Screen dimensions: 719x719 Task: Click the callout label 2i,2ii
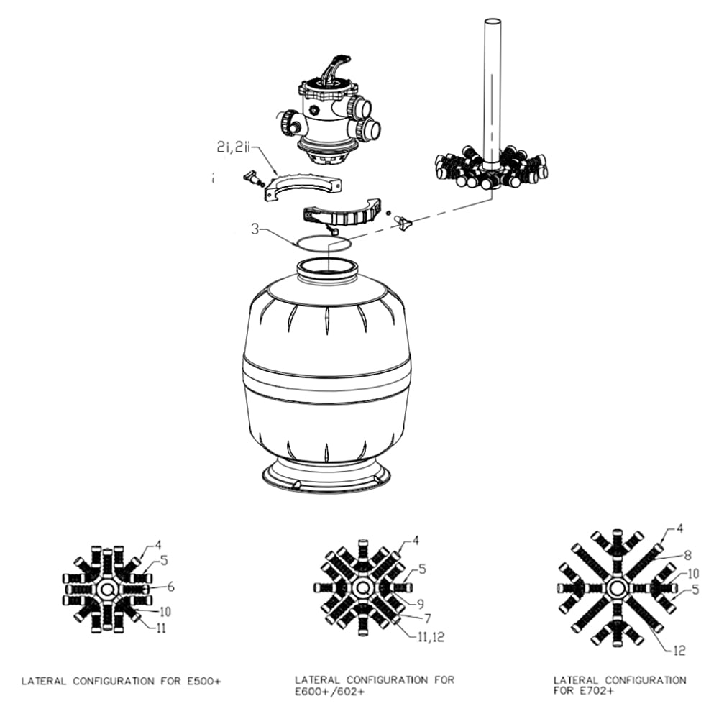[x=233, y=147]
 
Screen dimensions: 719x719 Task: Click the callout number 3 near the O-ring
[x=255, y=229]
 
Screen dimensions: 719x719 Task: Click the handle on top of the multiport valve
[x=337, y=69]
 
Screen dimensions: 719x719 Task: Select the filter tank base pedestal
[x=326, y=475]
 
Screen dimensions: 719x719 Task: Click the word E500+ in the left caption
[x=204, y=682]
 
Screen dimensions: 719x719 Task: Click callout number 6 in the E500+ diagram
[x=170, y=587]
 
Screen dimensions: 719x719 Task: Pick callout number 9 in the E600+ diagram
[x=420, y=604]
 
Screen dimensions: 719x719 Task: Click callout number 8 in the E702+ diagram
[x=688, y=555]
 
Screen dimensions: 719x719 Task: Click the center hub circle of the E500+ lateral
[x=107, y=588]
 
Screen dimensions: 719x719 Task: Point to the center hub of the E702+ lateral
[x=617, y=589]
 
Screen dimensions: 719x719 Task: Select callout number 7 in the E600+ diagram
[x=427, y=618]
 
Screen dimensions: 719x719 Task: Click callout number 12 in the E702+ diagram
[x=679, y=650]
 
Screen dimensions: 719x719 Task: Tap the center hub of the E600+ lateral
[x=362, y=588]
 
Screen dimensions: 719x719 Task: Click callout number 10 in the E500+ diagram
[x=165, y=611]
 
